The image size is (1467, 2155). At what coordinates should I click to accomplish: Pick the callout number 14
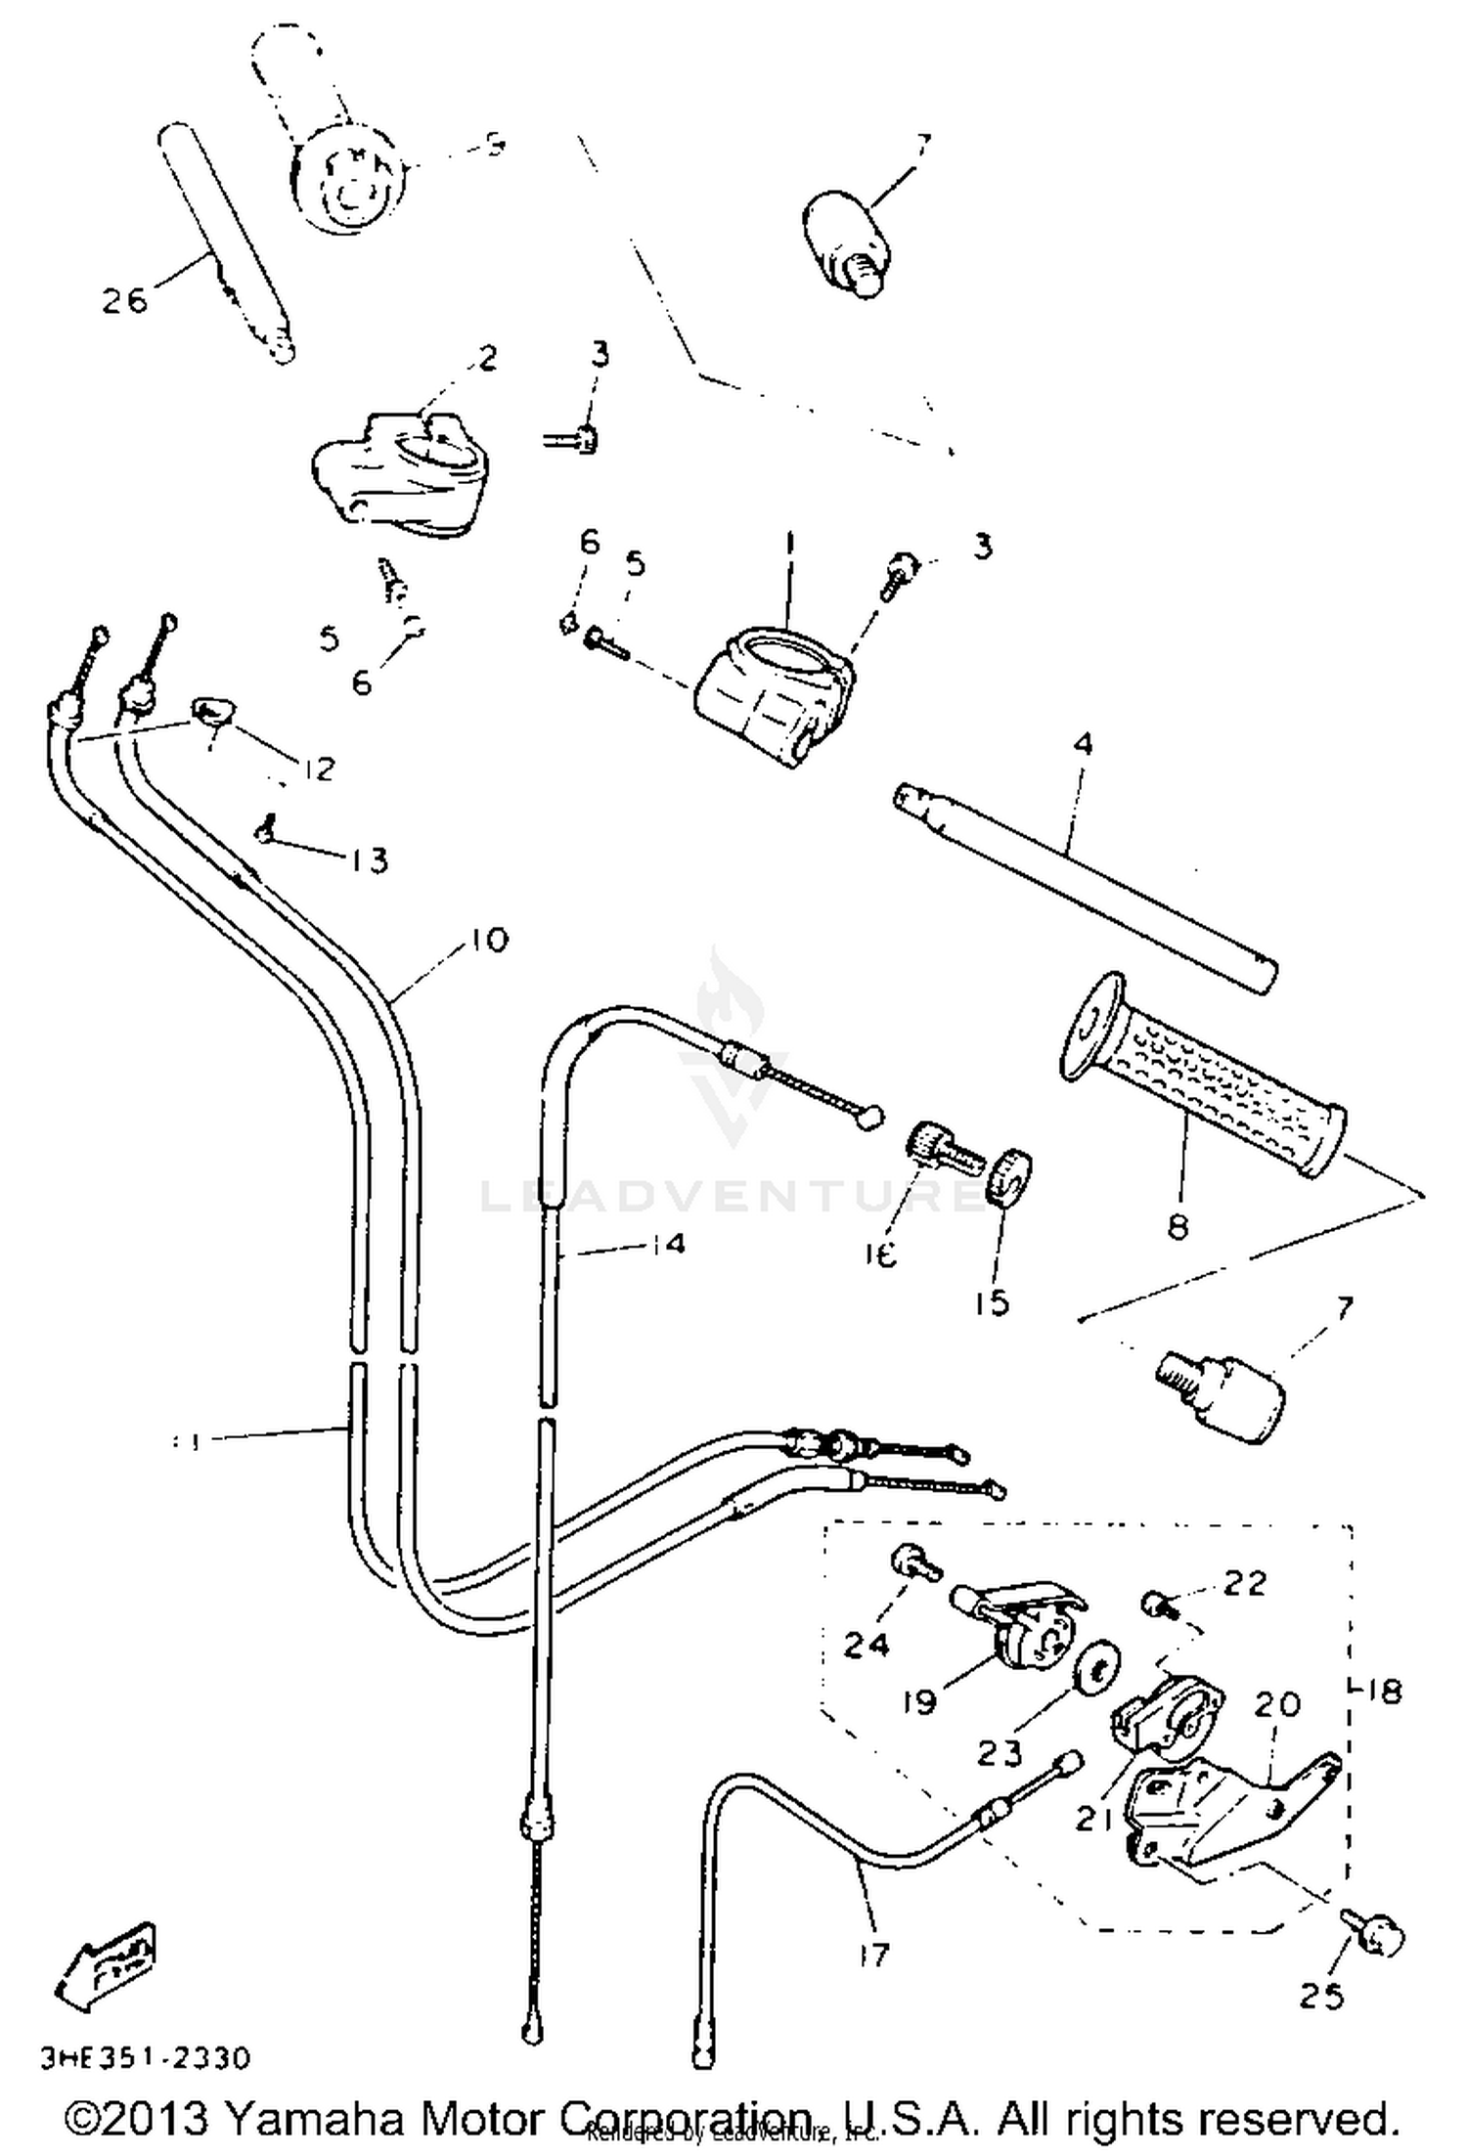click(x=665, y=1244)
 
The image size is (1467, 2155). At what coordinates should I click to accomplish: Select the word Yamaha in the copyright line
click(x=313, y=2119)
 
